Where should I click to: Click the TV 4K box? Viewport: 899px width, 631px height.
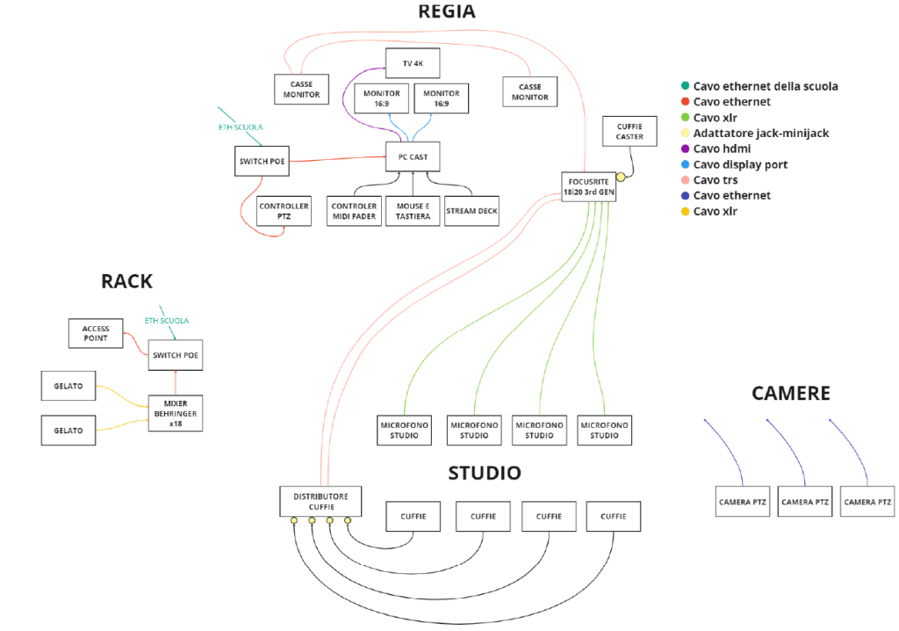tap(412, 63)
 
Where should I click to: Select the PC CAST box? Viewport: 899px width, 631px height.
tap(412, 156)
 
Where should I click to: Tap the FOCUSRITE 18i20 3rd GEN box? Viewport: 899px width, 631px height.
tap(588, 187)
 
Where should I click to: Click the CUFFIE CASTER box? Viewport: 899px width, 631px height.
tap(629, 132)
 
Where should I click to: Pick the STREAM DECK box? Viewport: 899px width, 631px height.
tap(471, 211)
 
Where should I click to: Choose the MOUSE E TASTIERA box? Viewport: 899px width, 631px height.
tap(412, 211)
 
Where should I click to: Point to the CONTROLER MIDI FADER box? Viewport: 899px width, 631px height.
tap(354, 211)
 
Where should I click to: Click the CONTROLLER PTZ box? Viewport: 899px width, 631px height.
tap(284, 211)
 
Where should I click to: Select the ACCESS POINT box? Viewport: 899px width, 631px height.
tap(96, 333)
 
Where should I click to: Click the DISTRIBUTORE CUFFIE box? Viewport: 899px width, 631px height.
tap(320, 502)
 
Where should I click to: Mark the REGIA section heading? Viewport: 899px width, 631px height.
tap(448, 11)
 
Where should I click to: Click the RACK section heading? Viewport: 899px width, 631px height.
tap(126, 281)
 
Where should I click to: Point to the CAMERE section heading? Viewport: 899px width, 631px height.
tap(790, 393)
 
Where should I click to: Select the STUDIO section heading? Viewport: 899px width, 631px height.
tap(485, 473)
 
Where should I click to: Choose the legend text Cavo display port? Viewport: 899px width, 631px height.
tap(740, 164)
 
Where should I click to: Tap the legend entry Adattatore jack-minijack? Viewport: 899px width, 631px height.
tap(760, 133)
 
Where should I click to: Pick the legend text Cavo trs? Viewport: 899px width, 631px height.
tap(715, 180)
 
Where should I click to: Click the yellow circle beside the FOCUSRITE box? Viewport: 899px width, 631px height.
tap(621, 177)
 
